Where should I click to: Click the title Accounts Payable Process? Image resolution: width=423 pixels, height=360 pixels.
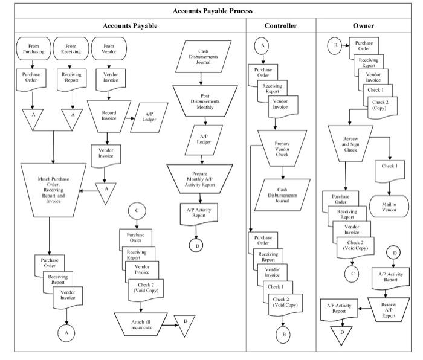(x=212, y=11)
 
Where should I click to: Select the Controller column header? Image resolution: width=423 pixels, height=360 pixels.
(x=281, y=26)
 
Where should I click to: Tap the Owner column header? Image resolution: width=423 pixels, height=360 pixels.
(x=363, y=26)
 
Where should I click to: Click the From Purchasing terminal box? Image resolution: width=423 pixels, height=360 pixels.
(x=33, y=48)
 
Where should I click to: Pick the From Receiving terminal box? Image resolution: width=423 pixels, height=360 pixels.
(x=71, y=48)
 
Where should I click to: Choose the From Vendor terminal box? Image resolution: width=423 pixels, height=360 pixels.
(x=109, y=48)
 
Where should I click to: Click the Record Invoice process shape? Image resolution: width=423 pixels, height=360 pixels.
(x=109, y=115)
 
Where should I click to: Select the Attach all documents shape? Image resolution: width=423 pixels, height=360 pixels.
(x=140, y=324)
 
